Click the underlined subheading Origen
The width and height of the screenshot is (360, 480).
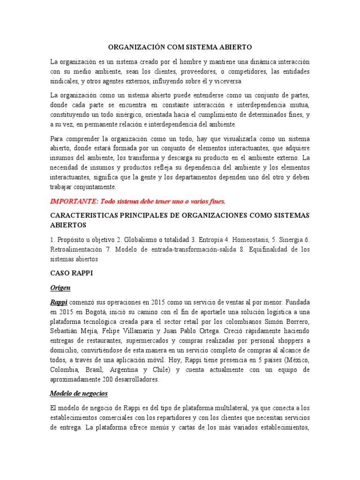[60, 288]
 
